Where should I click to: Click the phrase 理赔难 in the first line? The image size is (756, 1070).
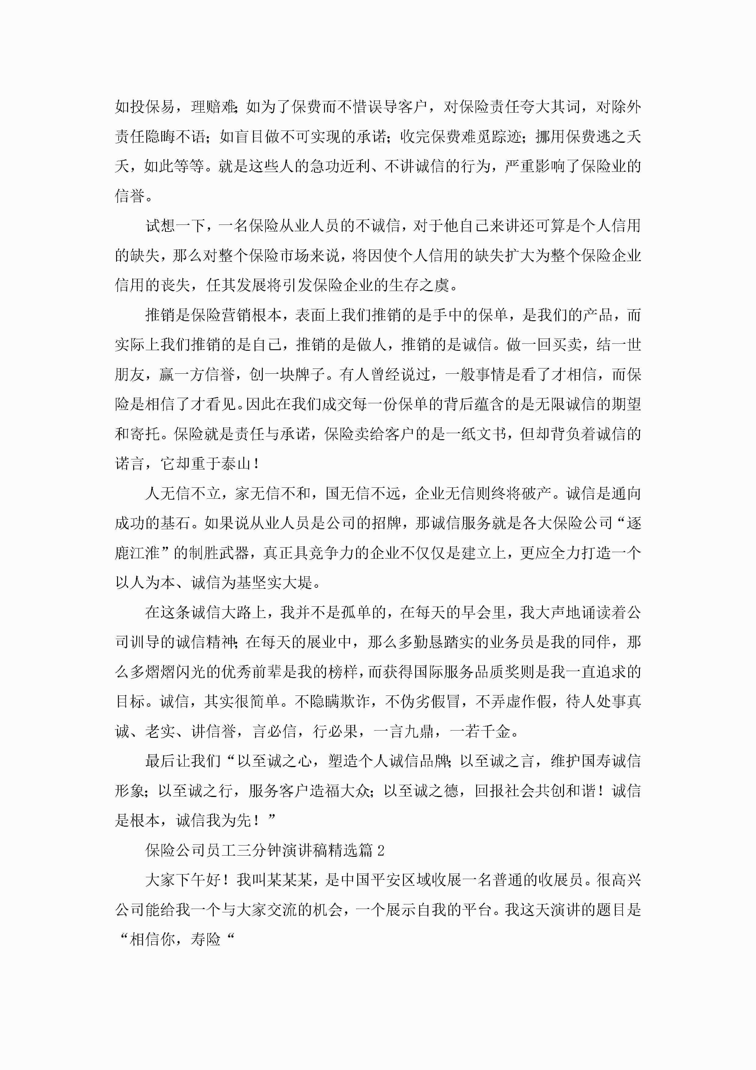click(214, 107)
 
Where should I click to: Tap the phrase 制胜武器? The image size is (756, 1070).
click(221, 553)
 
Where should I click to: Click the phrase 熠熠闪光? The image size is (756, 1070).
click(176, 672)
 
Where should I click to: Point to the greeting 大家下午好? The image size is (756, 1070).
click(183, 880)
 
